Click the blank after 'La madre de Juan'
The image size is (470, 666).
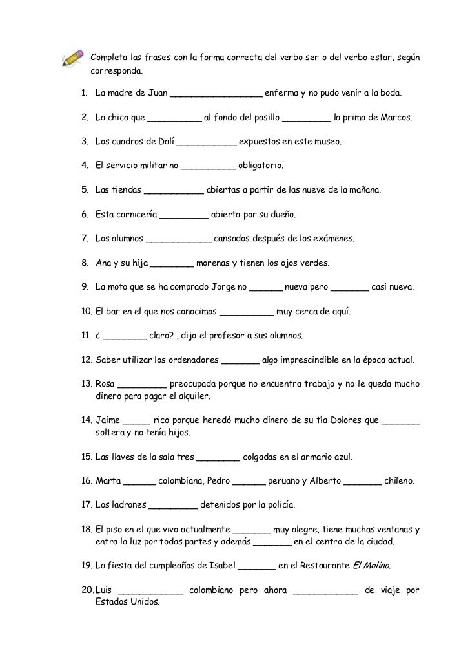(x=216, y=94)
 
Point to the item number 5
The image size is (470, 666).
(x=85, y=191)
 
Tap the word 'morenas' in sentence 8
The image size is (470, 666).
(x=213, y=263)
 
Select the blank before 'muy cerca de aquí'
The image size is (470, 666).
(x=247, y=312)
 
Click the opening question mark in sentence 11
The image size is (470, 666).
(x=97, y=336)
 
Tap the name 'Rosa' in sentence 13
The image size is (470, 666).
(x=105, y=384)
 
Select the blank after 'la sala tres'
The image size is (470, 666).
(x=218, y=458)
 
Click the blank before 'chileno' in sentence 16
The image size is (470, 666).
(x=363, y=482)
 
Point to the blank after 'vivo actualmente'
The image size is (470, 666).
(x=252, y=530)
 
